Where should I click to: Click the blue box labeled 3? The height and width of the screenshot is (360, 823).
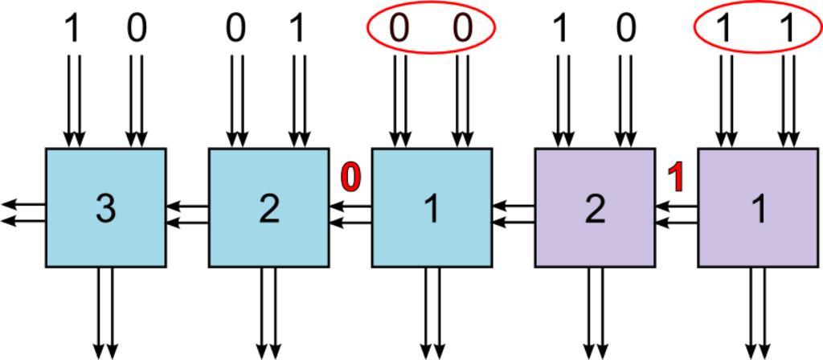(x=105, y=207)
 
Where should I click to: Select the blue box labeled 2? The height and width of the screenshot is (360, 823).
(x=268, y=207)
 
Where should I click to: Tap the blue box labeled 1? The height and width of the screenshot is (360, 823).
(x=432, y=207)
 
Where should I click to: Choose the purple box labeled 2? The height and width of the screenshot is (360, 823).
(x=595, y=207)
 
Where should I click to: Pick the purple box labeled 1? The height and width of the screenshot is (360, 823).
(x=758, y=207)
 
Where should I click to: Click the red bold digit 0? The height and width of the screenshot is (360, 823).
(x=350, y=177)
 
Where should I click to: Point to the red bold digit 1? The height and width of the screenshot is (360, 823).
(x=677, y=177)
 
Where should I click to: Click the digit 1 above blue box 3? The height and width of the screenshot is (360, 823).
(x=73, y=29)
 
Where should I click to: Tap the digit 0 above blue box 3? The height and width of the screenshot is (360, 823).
(x=137, y=29)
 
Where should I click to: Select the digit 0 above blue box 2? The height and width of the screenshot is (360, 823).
(x=235, y=29)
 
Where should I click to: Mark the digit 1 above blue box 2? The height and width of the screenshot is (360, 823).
(x=299, y=29)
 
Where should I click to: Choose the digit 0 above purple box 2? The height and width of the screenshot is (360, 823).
(x=625, y=29)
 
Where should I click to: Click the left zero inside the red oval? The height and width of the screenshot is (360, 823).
(x=399, y=29)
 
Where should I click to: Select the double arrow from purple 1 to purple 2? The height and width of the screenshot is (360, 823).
(x=676, y=213)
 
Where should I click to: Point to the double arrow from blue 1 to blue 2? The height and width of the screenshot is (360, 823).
(x=350, y=213)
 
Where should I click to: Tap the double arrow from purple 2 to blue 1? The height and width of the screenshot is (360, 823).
(x=514, y=213)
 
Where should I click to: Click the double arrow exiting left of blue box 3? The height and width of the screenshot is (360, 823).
(x=23, y=213)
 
